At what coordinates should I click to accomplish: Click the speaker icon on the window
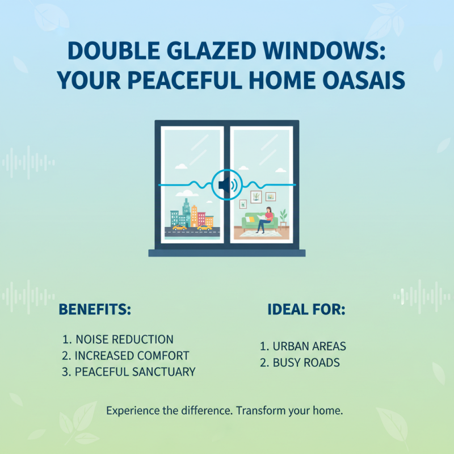(x=226, y=185)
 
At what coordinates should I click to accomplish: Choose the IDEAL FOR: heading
(x=306, y=310)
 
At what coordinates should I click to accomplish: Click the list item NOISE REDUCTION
(x=118, y=339)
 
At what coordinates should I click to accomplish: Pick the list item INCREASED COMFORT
(x=125, y=356)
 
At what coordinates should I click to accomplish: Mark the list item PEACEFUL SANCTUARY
(x=129, y=372)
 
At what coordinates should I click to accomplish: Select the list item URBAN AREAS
(x=303, y=346)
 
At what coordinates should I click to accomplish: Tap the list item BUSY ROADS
(x=300, y=362)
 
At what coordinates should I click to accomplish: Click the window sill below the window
(x=226, y=253)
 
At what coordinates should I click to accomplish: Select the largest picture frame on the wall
(x=257, y=196)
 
